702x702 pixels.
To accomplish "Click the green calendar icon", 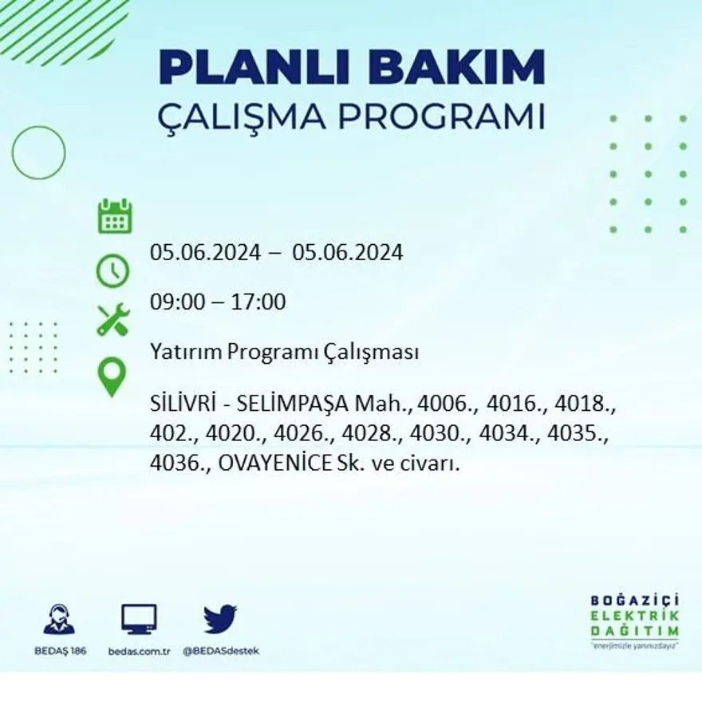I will click(x=115, y=216).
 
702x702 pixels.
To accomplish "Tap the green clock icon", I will click(x=112, y=270).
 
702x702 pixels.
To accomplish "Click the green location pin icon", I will click(x=112, y=377).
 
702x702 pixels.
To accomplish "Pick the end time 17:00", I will click(x=258, y=302).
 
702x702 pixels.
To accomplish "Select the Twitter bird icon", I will click(x=220, y=619).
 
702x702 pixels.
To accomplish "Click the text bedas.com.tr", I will click(x=140, y=651).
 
